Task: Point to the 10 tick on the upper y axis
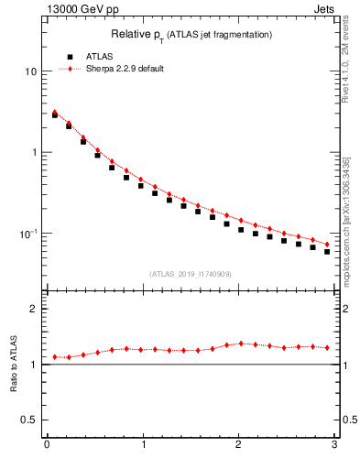pos(30,71)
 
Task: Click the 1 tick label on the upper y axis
pos(33,152)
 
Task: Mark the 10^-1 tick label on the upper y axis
pos(27,233)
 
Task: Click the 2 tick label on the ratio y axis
pos(33,309)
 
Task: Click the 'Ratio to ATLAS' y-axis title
pos(14,364)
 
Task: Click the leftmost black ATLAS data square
pos(55,115)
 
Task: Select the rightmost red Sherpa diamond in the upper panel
pos(327,245)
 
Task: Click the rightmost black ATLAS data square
pos(327,251)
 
